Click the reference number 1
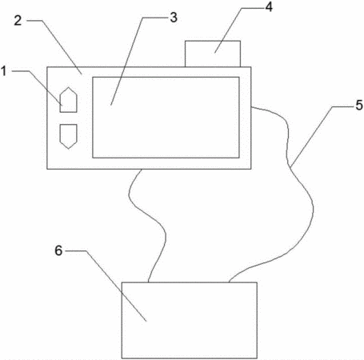pos(4,71)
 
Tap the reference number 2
pos(18,21)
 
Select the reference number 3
pos(174,18)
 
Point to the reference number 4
pos(269,7)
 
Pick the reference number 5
pos(359,106)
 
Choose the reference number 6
pos(58,250)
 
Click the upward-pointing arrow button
pos(69,100)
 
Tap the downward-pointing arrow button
pos(69,136)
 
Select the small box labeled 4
pos(213,54)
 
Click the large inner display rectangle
pos(166,118)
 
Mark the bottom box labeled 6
pos(190,320)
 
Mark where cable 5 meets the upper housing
pos(251,107)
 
